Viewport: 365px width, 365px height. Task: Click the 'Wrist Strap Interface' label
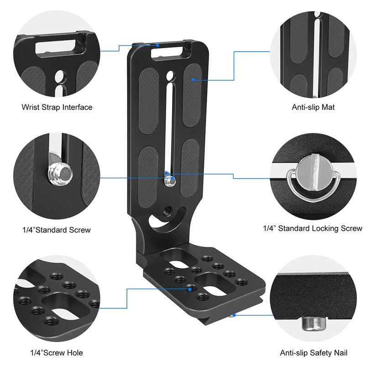57,107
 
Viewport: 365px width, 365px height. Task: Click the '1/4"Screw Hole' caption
57,352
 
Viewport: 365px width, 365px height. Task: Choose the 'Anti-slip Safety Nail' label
313,353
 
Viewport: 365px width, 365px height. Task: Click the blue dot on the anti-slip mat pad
193,80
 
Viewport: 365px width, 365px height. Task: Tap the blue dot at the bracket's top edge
157,45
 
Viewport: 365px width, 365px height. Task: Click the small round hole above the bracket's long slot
170,74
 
